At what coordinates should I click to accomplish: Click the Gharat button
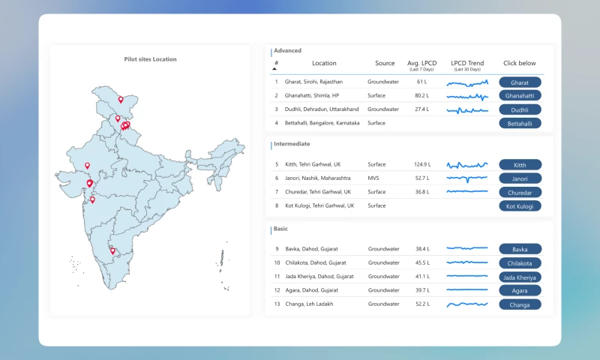(520, 82)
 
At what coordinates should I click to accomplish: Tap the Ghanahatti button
(520, 96)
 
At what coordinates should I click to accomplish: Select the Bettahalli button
(520, 123)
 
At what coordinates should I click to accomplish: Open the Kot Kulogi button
(520, 205)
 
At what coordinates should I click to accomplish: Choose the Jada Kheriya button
(520, 277)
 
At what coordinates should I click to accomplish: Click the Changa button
(520, 304)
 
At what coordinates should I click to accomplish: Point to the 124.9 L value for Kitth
(421, 164)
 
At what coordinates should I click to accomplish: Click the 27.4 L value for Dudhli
(421, 109)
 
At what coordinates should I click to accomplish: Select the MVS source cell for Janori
(373, 178)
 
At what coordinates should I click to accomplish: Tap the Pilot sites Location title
(150, 59)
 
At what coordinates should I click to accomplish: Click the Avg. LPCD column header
(421, 63)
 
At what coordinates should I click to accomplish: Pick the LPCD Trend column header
(467, 63)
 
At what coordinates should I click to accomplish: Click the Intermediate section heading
(292, 144)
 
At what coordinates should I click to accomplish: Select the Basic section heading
(280, 229)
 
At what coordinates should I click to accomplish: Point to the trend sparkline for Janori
(467, 178)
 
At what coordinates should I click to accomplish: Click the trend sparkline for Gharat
(467, 82)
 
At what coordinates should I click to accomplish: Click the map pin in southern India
(113, 250)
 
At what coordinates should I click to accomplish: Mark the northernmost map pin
(121, 99)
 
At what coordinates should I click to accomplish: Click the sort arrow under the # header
(274, 69)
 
